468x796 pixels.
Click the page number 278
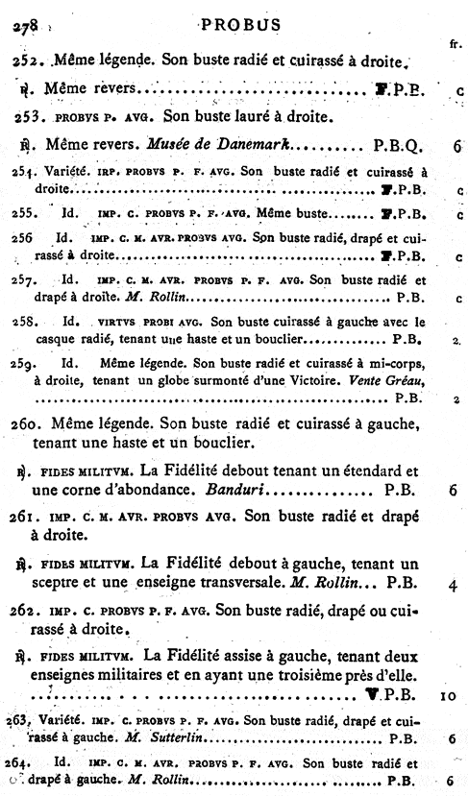click(x=22, y=28)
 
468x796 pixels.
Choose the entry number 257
click(x=29, y=283)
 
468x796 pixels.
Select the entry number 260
click(x=30, y=423)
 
